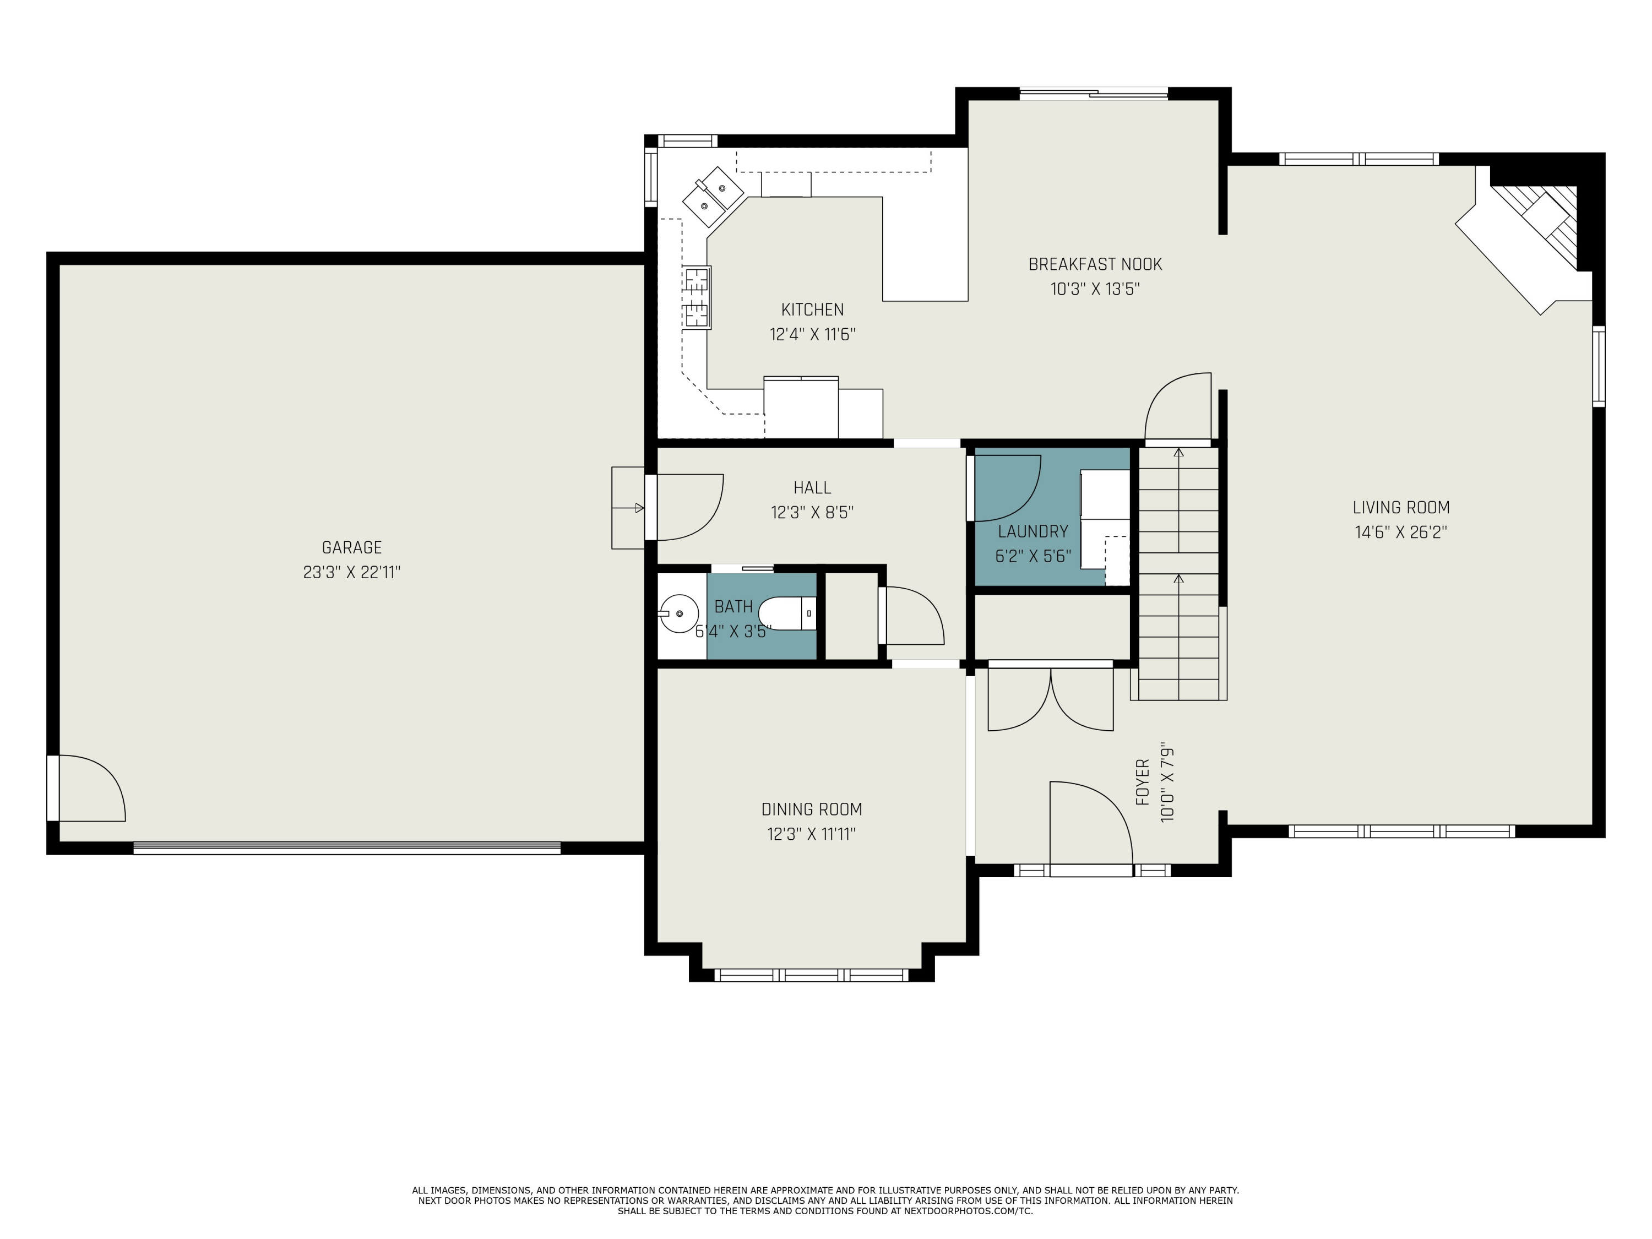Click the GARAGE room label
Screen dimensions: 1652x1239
(352, 547)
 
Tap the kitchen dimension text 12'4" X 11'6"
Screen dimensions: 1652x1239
(813, 334)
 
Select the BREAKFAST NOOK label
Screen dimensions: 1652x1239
(1095, 264)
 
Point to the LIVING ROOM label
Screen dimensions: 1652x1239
(1401, 508)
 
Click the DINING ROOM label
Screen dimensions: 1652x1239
(812, 809)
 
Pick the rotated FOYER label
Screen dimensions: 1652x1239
(1143, 782)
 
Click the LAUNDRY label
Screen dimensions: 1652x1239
(1033, 532)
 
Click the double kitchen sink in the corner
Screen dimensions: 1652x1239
(713, 195)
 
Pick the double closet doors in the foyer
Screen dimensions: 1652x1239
(1051, 699)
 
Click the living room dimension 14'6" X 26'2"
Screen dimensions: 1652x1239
(1401, 532)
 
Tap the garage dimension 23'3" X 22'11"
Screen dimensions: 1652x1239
(352, 573)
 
